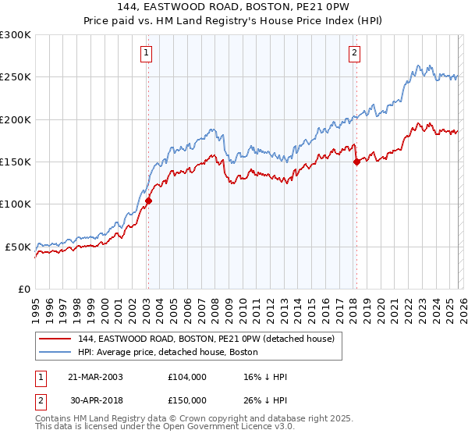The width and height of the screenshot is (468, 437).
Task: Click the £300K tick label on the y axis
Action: click(x=16, y=35)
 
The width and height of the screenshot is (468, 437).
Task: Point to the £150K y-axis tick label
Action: click(x=16, y=162)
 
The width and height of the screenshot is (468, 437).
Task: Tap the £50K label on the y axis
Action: click(x=18, y=247)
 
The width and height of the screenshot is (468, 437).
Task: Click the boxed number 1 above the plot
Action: click(x=146, y=53)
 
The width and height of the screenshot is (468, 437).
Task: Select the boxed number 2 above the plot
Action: click(x=354, y=53)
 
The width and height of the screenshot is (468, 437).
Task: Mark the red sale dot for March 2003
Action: click(x=147, y=201)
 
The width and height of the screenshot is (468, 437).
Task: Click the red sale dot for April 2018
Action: click(x=356, y=162)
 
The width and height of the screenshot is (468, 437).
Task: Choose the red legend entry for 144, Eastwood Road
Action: click(x=206, y=339)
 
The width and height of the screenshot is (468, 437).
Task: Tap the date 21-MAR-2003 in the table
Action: click(x=95, y=376)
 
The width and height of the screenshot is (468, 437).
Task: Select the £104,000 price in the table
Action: click(x=187, y=376)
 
